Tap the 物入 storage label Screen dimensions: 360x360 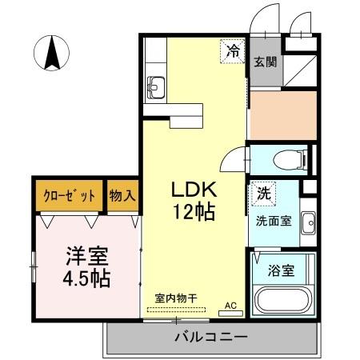pyautogui.click(x=122, y=194)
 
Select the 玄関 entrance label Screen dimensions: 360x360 pyautogui.click(x=266, y=62)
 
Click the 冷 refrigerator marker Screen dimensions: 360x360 pyautogui.click(x=232, y=52)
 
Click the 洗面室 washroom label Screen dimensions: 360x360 pyautogui.click(x=272, y=218)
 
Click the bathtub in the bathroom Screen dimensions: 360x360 pyautogui.click(x=284, y=302)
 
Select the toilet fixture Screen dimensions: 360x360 pyautogui.click(x=288, y=160)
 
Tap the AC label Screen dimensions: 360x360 pyautogui.click(x=230, y=305)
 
